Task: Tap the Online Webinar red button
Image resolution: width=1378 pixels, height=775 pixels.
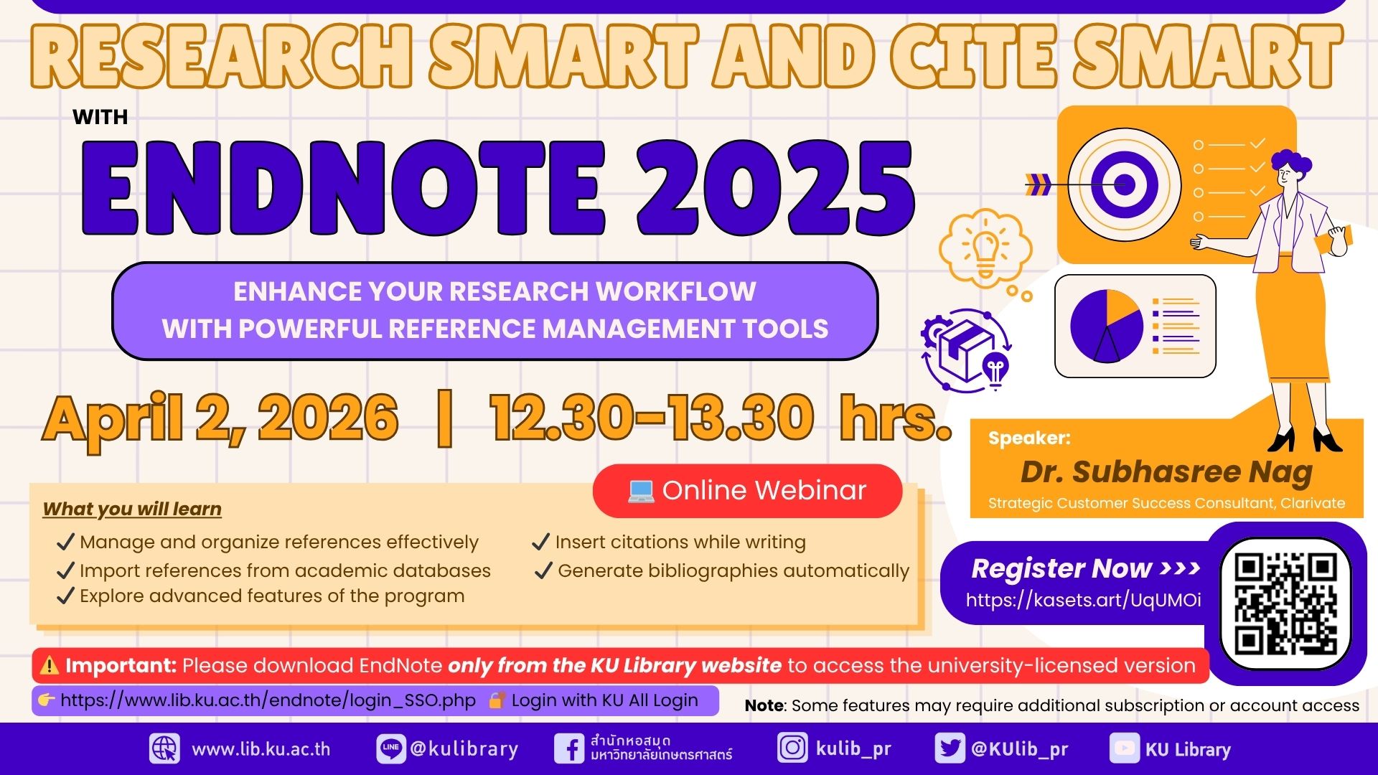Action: click(747, 491)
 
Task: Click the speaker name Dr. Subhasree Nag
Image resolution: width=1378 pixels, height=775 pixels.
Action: click(1166, 471)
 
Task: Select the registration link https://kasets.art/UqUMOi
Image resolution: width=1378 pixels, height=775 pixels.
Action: click(1083, 600)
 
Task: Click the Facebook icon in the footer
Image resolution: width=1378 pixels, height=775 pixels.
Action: click(569, 748)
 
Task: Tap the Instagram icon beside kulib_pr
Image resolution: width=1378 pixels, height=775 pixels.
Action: click(792, 748)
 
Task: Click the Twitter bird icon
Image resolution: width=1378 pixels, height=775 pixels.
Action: click(950, 748)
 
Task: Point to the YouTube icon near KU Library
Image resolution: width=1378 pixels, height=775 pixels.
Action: click(1124, 748)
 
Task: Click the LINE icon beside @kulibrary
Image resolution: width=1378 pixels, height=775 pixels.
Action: click(391, 748)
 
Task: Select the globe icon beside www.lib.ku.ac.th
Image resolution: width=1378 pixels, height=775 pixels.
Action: click(164, 748)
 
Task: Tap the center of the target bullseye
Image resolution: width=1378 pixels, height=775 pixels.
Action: click(1124, 184)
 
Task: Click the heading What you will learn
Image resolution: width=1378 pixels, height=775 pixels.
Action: click(132, 509)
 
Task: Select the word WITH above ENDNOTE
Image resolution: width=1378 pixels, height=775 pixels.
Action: click(100, 117)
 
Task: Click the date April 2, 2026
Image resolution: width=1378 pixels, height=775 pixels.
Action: click(220, 419)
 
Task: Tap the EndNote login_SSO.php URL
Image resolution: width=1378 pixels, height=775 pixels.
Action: click(268, 700)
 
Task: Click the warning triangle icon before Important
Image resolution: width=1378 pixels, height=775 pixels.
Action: click(50, 665)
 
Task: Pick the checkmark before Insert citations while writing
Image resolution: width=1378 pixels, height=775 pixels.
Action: click(541, 542)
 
